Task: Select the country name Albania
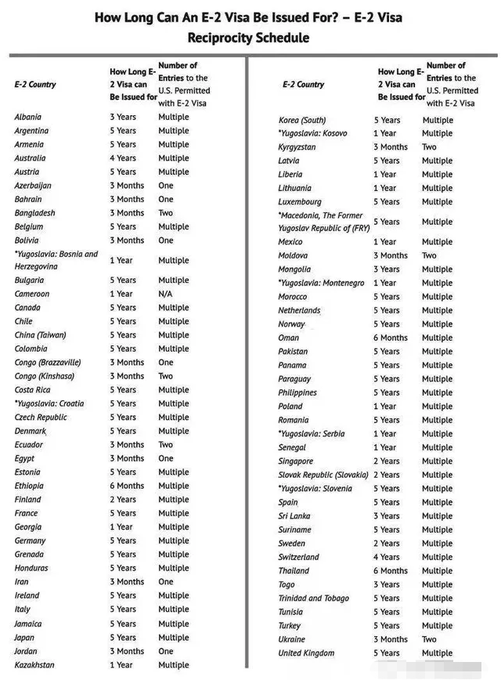tap(28, 117)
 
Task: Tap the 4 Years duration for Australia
tap(123, 158)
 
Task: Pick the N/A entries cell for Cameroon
tap(167, 294)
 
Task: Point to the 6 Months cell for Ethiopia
tap(127, 486)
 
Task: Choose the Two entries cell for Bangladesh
tap(166, 213)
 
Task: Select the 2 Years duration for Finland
tap(123, 500)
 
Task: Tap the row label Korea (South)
tap(302, 120)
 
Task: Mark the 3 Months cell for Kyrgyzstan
tap(391, 147)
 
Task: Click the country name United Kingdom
tap(306, 653)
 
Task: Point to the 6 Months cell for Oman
tap(391, 338)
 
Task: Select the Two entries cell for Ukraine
tap(430, 639)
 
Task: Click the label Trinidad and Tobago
tap(313, 599)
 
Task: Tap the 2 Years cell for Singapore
tap(387, 461)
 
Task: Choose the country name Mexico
tap(290, 242)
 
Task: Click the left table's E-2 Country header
tap(35, 84)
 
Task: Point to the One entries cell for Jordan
tap(166, 651)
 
